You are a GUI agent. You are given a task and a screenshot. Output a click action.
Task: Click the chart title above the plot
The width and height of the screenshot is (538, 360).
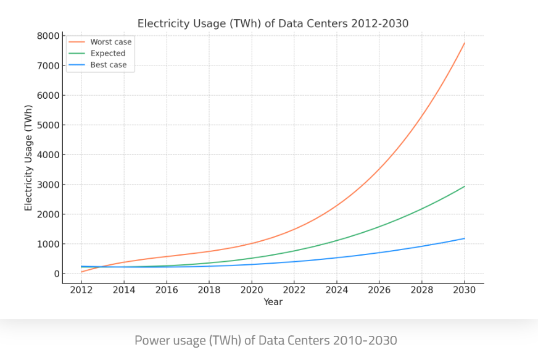click(x=273, y=23)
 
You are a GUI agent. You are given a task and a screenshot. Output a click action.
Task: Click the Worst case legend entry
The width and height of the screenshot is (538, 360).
click(x=110, y=42)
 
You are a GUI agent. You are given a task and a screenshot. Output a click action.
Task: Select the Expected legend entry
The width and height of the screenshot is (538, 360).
click(x=107, y=54)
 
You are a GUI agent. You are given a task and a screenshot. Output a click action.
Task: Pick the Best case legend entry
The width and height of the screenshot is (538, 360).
click(x=108, y=65)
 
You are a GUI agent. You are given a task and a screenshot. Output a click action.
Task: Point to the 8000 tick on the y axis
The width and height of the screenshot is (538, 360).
click(x=48, y=36)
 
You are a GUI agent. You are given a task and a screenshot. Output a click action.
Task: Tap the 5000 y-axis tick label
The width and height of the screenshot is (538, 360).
click(x=48, y=125)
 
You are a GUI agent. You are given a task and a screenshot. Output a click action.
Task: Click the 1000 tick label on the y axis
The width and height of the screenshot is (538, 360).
click(x=48, y=244)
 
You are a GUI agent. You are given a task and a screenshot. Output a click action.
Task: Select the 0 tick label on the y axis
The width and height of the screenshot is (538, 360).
click(x=56, y=274)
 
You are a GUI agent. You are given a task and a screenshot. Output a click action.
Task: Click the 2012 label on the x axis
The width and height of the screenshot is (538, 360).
click(x=81, y=290)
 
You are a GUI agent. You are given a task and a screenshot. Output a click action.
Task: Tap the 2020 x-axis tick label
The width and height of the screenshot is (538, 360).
click(x=251, y=290)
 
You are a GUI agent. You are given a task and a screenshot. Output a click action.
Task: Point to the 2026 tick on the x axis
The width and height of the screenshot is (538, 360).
click(x=379, y=290)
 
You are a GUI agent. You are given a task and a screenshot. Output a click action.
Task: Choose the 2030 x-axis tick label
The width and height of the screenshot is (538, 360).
click(x=465, y=290)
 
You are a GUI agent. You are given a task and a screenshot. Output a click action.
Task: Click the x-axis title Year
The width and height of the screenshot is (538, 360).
click(x=273, y=302)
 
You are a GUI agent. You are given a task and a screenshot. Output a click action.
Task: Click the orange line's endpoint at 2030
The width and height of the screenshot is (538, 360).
click(x=465, y=43)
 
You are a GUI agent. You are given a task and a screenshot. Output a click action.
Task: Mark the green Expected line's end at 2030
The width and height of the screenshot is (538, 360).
click(x=465, y=186)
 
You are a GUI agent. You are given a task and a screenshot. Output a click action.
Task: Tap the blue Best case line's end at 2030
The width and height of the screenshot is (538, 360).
click(x=465, y=238)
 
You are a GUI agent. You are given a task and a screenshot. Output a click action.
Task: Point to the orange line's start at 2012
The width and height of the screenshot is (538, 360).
click(x=81, y=272)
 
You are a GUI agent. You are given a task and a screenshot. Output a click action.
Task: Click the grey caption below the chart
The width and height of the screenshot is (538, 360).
click(x=266, y=340)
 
